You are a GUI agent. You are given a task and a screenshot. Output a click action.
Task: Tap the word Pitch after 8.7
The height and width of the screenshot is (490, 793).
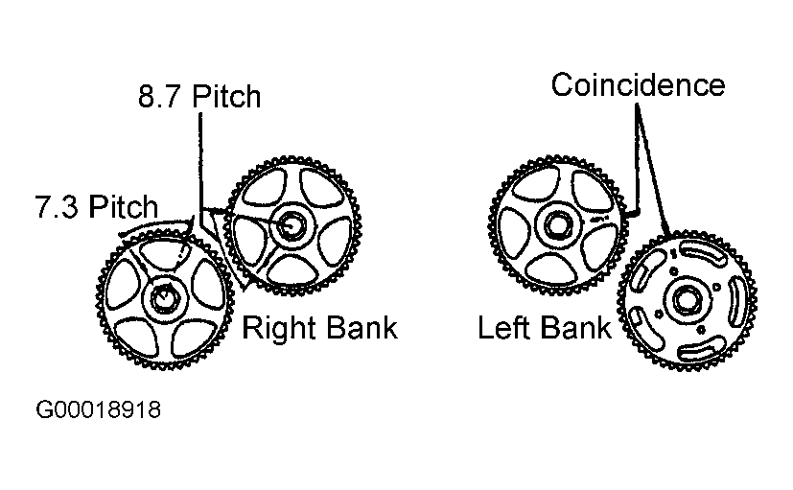pyautogui.click(x=226, y=96)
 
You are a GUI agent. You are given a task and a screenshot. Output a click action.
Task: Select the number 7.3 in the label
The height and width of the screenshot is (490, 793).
pyautogui.click(x=59, y=208)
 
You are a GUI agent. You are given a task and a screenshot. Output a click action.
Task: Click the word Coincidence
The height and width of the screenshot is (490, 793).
pyautogui.click(x=638, y=84)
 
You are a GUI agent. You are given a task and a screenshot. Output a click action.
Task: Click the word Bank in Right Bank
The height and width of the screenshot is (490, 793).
pyautogui.click(x=362, y=329)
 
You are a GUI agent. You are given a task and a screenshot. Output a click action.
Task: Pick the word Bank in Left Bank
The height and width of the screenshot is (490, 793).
pyautogui.click(x=575, y=329)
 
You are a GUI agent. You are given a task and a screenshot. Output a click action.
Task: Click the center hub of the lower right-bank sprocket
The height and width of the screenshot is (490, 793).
pyautogui.click(x=163, y=296)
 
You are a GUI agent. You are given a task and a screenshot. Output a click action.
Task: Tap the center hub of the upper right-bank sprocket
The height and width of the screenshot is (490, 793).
pyautogui.click(x=292, y=224)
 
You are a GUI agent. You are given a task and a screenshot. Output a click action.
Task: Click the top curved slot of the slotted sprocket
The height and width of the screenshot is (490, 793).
pyautogui.click(x=701, y=251)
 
